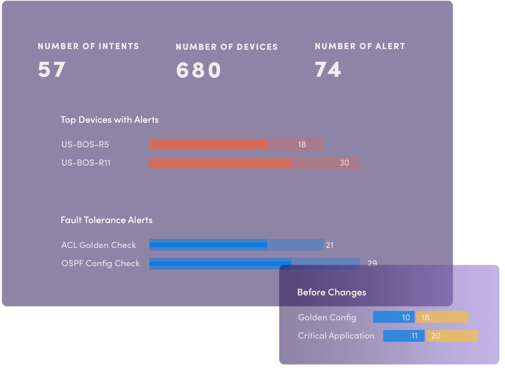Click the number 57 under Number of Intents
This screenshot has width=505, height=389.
point(52,69)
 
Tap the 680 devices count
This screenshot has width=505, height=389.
point(198,70)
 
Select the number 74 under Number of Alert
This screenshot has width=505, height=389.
point(328,69)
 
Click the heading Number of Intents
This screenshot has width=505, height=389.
point(88,46)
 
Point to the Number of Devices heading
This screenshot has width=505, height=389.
point(227,47)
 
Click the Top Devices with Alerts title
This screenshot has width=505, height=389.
point(109,120)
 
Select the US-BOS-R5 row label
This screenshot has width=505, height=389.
point(85,145)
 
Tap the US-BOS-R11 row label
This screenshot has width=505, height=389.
point(86,163)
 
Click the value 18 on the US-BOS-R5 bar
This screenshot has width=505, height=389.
point(302,145)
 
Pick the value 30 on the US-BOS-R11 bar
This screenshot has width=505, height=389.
point(344,163)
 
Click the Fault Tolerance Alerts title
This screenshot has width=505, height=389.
point(107,220)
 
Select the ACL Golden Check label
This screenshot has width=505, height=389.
point(99,245)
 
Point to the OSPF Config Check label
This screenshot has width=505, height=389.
point(100,263)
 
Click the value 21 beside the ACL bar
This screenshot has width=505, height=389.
point(330,245)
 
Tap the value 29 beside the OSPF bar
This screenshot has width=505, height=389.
point(372,263)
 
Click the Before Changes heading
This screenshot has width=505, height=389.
point(331,293)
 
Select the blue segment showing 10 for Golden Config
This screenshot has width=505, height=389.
point(394,317)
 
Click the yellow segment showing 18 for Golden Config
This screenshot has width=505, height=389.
point(442,317)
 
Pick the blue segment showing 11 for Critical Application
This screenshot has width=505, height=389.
point(404,336)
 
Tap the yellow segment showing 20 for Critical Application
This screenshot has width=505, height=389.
point(452,336)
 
